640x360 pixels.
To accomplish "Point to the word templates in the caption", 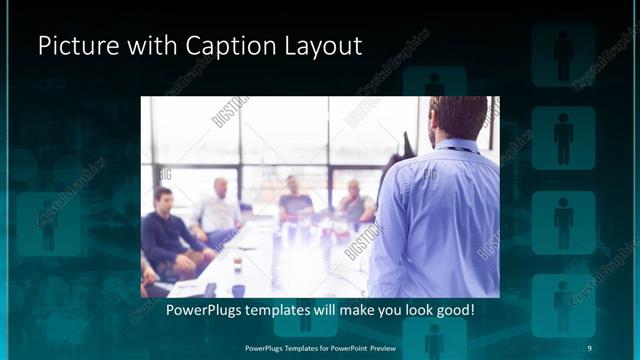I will click(278, 310).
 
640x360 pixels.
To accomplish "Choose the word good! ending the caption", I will click(453, 310).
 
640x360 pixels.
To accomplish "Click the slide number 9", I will click(589, 347).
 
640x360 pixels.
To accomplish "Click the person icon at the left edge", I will click(48, 220).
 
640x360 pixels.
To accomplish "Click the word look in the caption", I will click(413, 310).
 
